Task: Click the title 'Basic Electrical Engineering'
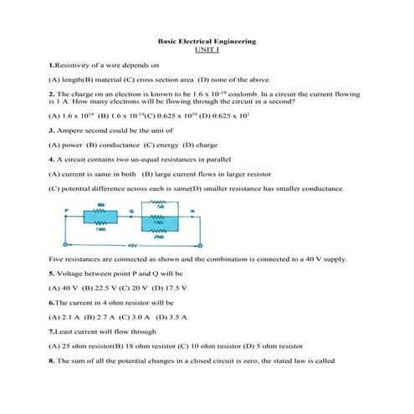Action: click(x=207, y=41)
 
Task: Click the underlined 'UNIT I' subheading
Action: click(x=207, y=49)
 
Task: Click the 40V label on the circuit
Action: click(x=131, y=246)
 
